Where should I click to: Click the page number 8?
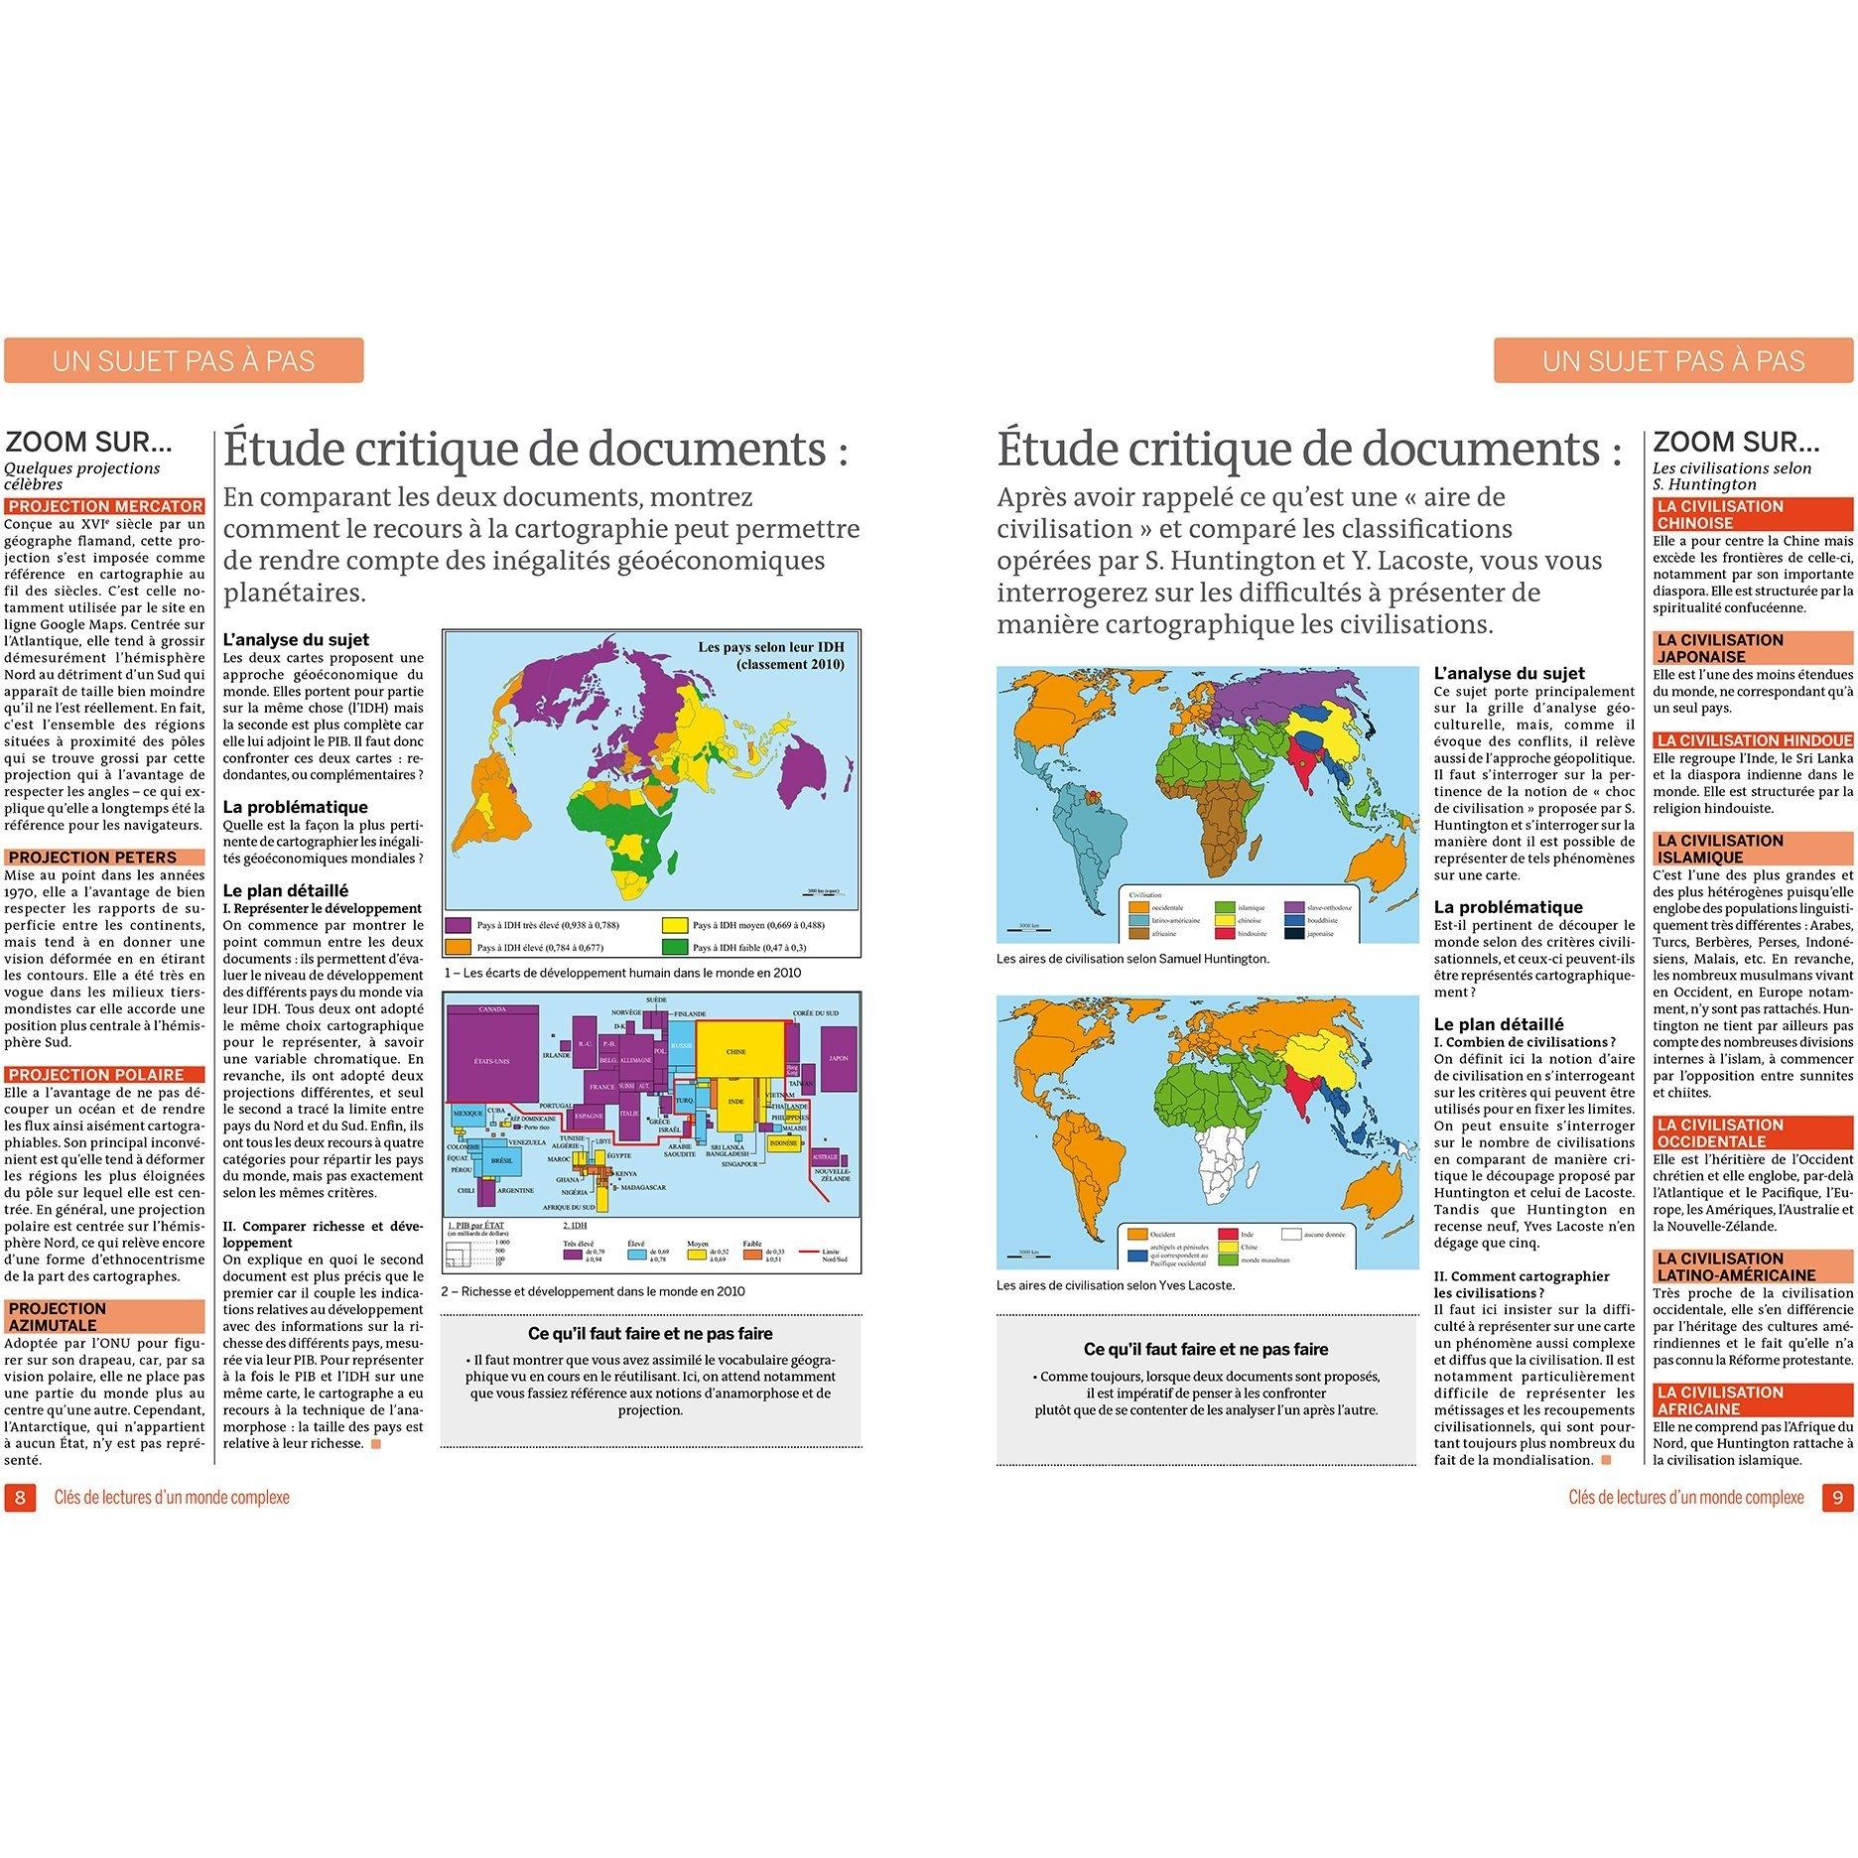(x=20, y=1496)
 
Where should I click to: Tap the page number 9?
(x=1836, y=1496)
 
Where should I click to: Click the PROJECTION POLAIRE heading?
(x=96, y=1074)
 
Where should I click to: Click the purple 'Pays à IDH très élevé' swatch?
(x=459, y=925)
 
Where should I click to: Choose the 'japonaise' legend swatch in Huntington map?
(x=1294, y=933)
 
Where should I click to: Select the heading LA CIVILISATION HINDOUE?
(x=1753, y=739)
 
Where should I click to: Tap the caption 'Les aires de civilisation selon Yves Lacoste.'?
(x=1116, y=1285)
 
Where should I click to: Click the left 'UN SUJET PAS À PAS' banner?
(x=184, y=360)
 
